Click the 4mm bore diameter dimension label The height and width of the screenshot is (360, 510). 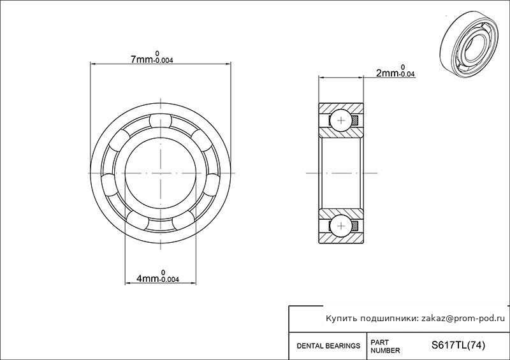157,277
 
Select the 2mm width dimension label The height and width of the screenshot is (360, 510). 395,71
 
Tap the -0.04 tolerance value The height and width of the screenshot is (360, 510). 407,74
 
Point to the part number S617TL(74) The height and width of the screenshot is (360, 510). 458,345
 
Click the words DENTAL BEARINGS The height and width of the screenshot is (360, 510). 328,346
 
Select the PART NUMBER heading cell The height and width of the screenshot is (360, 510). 385,347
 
